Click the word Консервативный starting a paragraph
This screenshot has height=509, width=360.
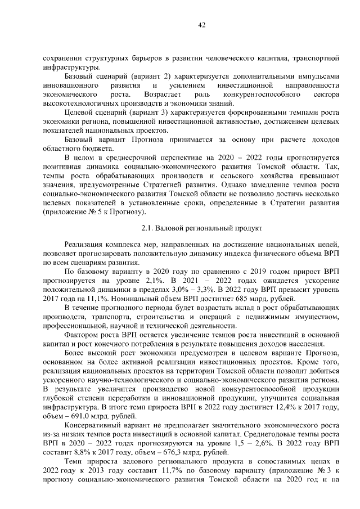[x=93, y=425]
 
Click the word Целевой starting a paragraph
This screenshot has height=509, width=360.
[x=79, y=113]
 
